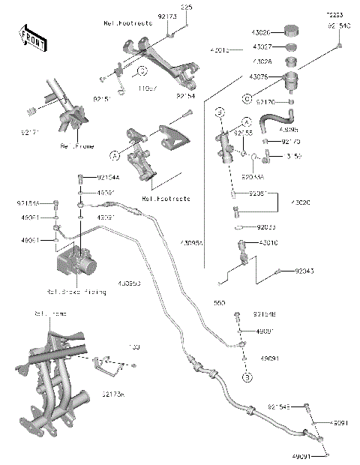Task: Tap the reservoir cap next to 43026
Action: [x=289, y=31]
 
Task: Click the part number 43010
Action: [x=268, y=243]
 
